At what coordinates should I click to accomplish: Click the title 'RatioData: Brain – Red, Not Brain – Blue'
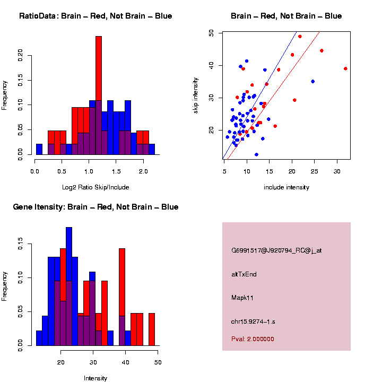[x=95, y=16]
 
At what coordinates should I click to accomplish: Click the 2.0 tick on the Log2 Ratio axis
[x=143, y=171]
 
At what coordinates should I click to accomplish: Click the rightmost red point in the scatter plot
[x=345, y=68]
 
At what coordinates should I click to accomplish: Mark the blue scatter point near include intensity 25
[x=312, y=81]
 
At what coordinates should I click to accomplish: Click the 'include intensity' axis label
[x=286, y=187]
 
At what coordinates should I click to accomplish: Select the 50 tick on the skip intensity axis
[x=212, y=33]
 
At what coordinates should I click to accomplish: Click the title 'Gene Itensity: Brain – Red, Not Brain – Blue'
[x=95, y=207]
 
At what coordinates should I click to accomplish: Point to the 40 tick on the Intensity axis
[x=126, y=362]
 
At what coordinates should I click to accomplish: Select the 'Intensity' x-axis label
[x=95, y=378]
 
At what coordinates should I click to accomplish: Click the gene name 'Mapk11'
[x=242, y=298]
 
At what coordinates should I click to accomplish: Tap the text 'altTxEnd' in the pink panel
[x=244, y=274]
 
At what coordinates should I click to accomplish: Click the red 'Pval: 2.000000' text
[x=253, y=339]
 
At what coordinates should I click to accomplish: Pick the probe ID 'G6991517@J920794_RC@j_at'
[x=276, y=250]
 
